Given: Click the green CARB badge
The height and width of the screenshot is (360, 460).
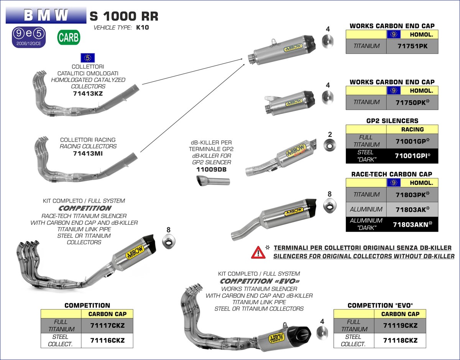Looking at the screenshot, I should (x=69, y=37).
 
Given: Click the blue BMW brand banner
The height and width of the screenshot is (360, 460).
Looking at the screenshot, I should (x=46, y=15).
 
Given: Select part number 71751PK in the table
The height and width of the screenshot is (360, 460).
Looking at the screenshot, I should (x=412, y=46).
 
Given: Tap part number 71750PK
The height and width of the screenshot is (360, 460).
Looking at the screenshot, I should (x=412, y=102).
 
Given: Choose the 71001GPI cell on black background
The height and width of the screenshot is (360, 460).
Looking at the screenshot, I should (x=412, y=156).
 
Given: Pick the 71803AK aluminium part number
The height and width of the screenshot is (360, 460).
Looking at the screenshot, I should (x=412, y=209).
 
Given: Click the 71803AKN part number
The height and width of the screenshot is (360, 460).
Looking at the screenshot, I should (x=412, y=224).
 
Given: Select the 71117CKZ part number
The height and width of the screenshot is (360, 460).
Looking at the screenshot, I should (x=107, y=326).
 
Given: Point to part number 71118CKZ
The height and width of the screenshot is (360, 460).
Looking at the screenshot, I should (x=400, y=340).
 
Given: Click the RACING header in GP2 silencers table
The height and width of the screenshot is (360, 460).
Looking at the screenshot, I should (x=412, y=129).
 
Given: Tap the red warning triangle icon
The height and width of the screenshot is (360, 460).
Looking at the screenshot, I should (x=258, y=252).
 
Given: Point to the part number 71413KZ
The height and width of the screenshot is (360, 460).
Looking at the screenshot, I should (x=88, y=93).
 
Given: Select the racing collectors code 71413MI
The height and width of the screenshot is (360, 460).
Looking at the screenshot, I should (x=88, y=153).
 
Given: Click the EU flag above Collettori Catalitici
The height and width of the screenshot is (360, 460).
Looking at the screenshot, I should (x=88, y=58).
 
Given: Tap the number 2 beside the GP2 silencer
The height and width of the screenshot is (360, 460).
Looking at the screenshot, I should (x=330, y=134).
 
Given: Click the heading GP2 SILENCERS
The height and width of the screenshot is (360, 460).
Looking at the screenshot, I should (x=392, y=121).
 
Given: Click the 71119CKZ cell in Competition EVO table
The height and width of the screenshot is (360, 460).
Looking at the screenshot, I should (x=400, y=326).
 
